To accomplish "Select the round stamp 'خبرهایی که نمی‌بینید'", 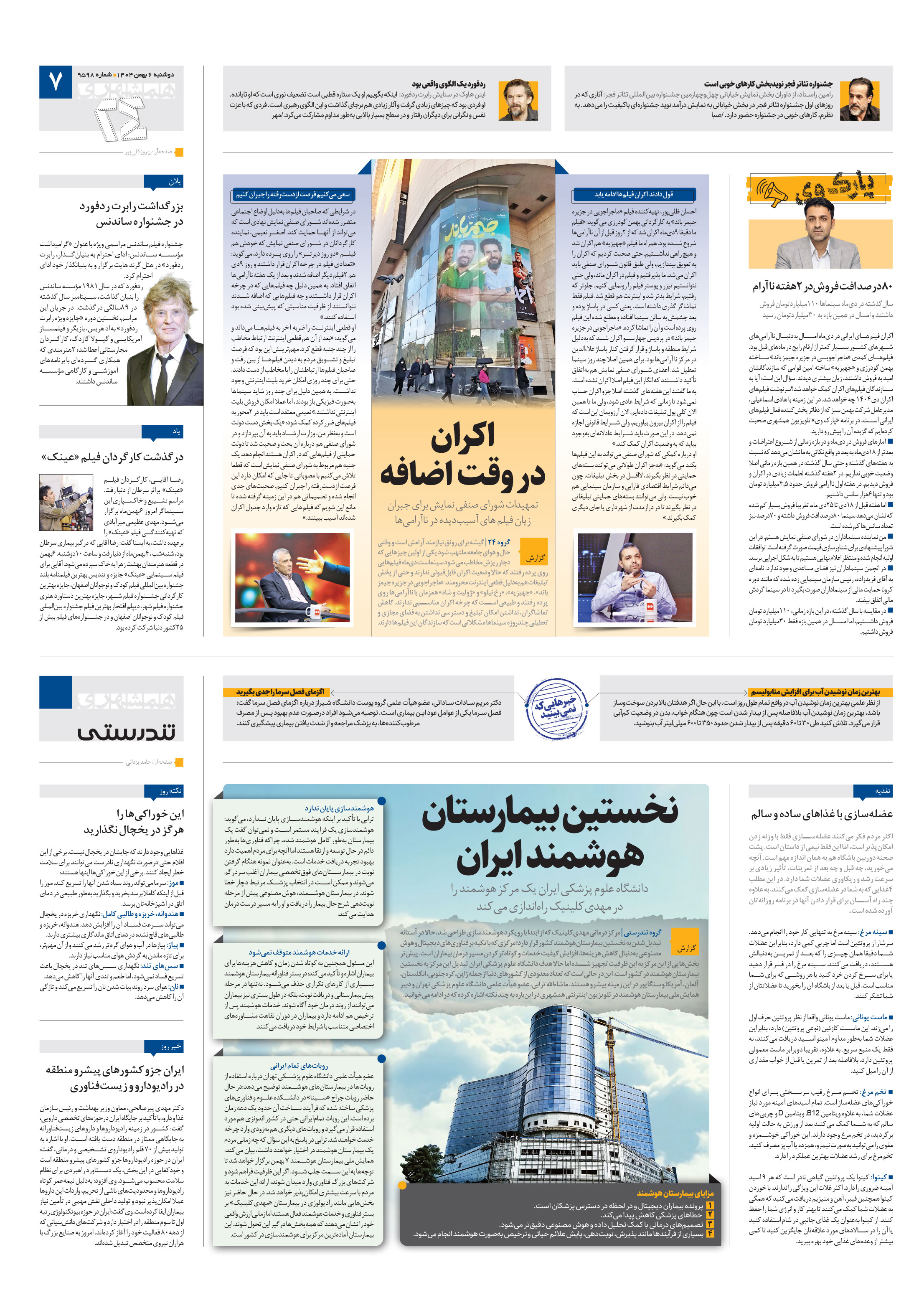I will (556, 709).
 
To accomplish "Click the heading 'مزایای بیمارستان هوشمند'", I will (674, 1193).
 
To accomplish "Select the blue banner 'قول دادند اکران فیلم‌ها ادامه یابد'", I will (633, 194).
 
